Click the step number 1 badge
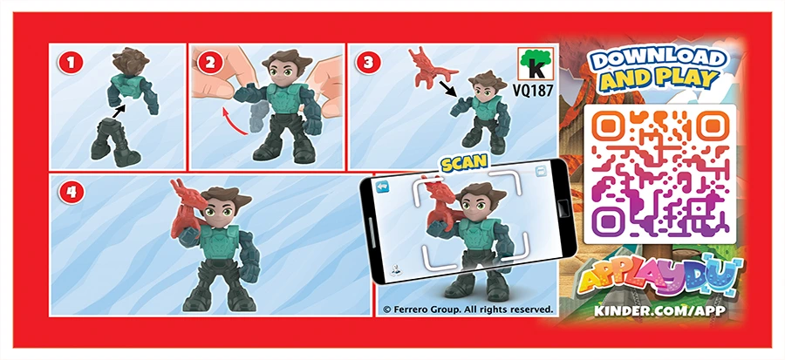pyautogui.click(x=71, y=63)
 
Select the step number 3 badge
pyautogui.click(x=368, y=63)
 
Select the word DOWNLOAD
pyautogui.click(x=659, y=59)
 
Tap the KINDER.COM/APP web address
pyautogui.click(x=659, y=310)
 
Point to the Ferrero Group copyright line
pyautogui.click(x=468, y=309)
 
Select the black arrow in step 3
pyautogui.click(x=449, y=87)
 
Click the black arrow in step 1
pyautogui.click(x=119, y=111)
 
